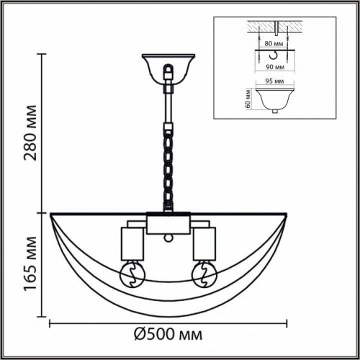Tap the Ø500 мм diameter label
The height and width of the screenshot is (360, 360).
point(167,335)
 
